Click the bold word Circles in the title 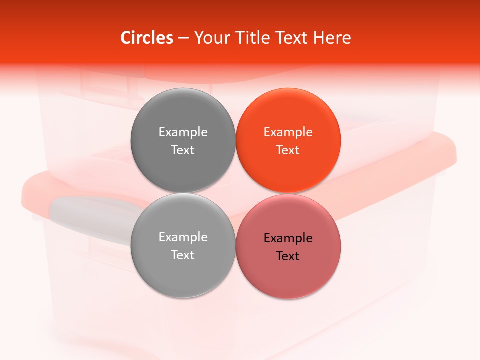(146, 38)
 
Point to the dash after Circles (183, 38)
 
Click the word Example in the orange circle (288, 132)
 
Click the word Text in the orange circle (288, 150)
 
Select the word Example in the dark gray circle (183, 132)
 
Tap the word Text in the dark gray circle (183, 150)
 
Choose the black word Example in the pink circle (288, 238)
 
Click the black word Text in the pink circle (288, 256)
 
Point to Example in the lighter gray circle (183, 237)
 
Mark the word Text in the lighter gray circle (183, 255)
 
